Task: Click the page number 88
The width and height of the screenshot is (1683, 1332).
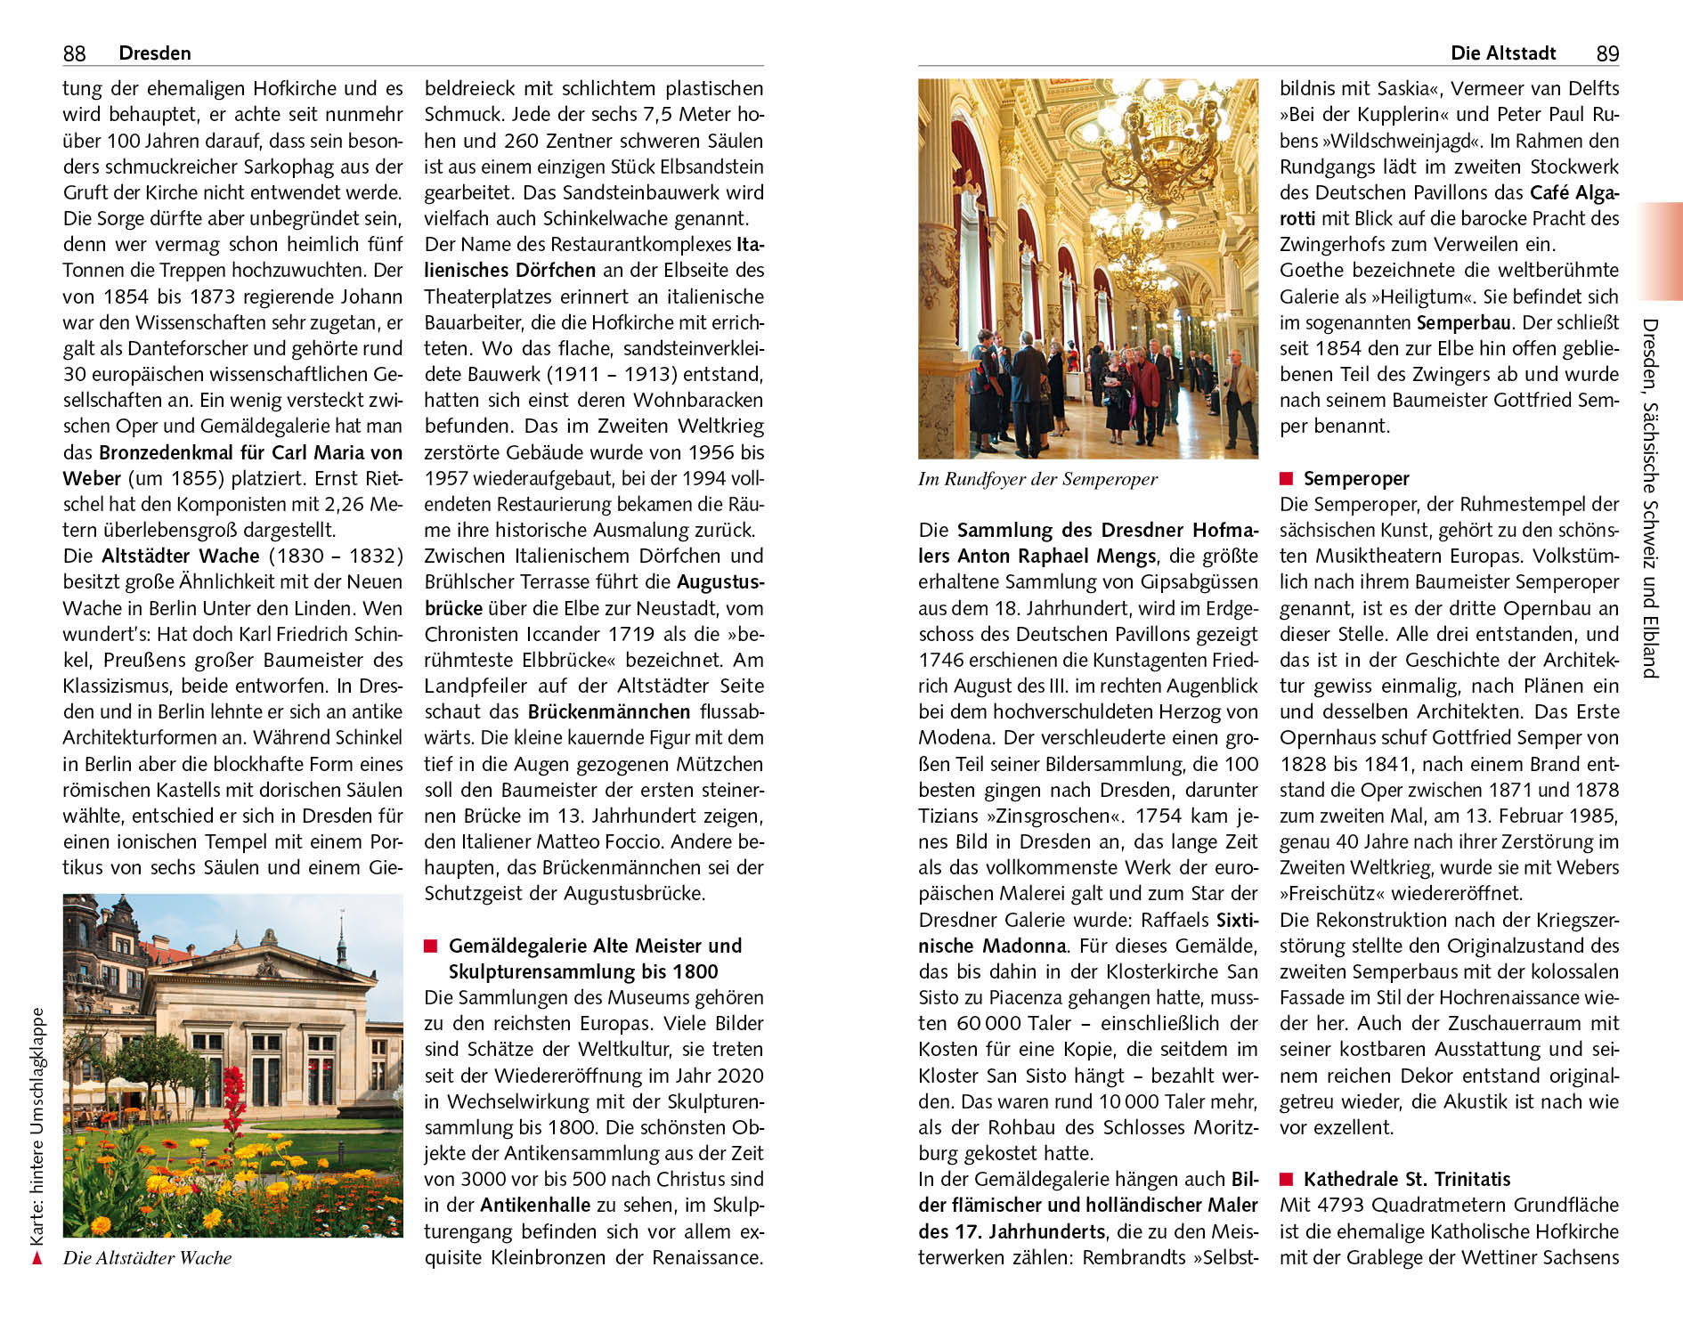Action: point(74,53)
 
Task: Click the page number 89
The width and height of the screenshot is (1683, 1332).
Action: point(1607,53)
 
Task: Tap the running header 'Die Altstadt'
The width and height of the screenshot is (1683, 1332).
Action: point(1503,53)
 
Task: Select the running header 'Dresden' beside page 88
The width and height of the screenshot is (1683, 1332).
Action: point(155,53)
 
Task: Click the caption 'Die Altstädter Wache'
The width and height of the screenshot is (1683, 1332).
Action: point(147,1258)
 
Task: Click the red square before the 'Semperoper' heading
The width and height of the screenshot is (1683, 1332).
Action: point(1286,479)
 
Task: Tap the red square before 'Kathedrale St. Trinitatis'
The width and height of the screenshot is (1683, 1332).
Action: point(1286,1180)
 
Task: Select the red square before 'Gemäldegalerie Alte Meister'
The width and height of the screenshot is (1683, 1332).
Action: point(431,946)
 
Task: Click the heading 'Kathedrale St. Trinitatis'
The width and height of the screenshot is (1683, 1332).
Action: point(1407,1180)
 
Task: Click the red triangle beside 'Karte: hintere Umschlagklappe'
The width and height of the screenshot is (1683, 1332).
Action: point(37,1258)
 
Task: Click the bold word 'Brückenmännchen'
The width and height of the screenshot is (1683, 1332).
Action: point(609,712)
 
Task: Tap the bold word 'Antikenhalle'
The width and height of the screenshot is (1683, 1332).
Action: point(535,1206)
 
